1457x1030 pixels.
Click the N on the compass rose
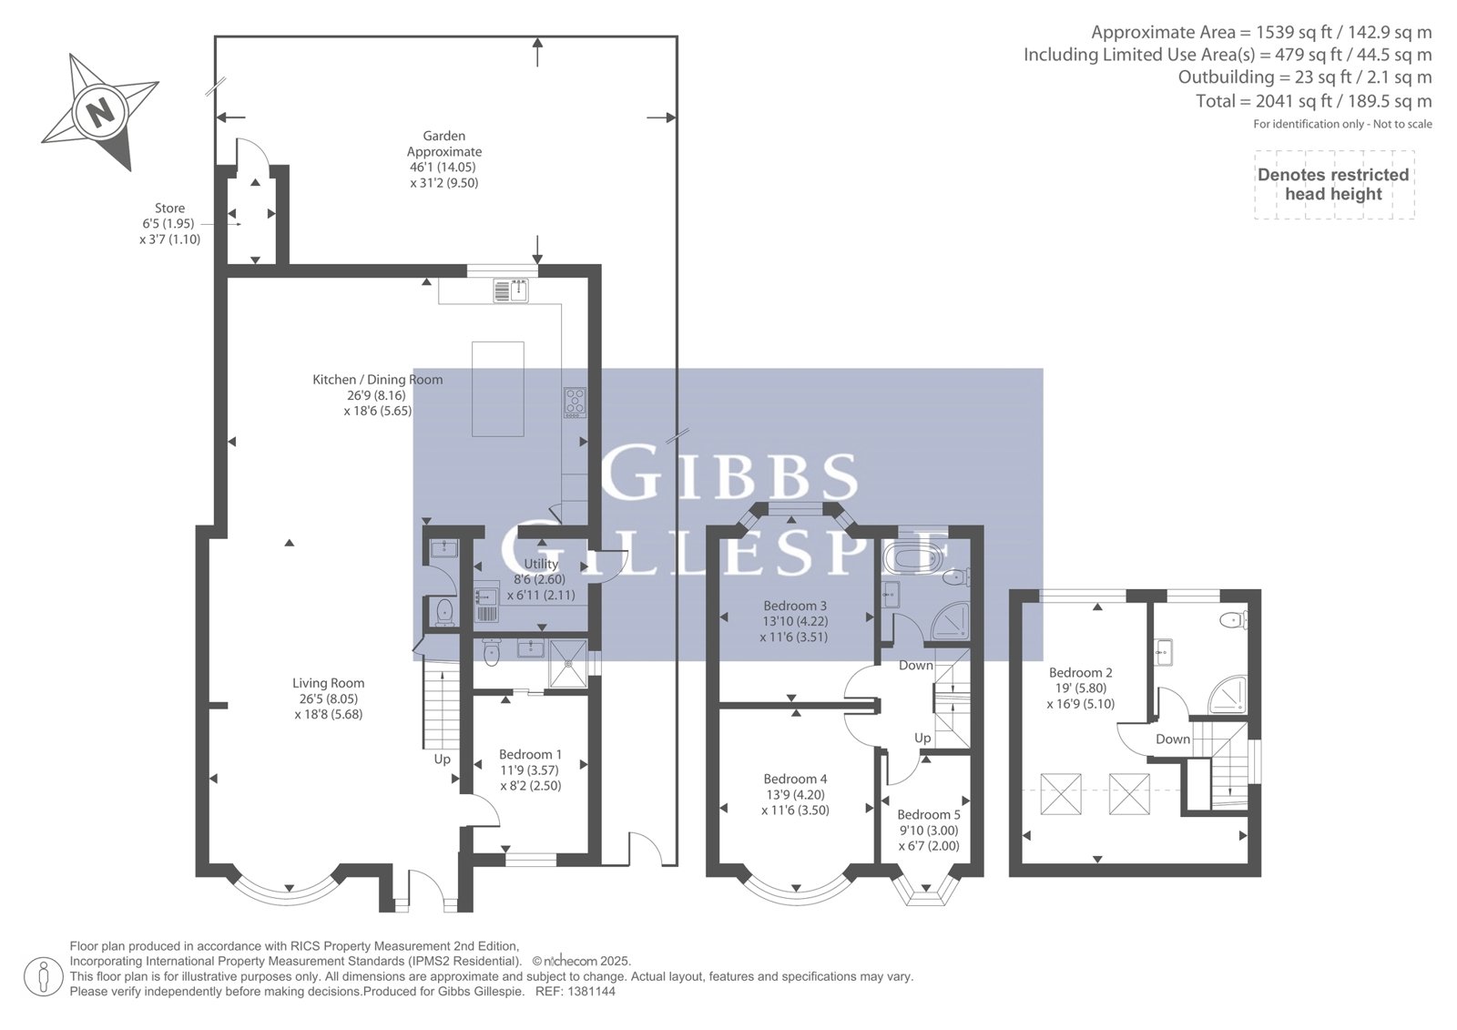(99, 112)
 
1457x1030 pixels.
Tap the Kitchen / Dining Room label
(377, 380)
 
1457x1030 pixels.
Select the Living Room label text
(328, 683)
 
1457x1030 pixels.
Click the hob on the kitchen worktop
(575, 403)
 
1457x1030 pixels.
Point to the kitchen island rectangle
(497, 389)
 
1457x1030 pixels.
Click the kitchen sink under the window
(511, 291)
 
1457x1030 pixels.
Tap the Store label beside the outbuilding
(169, 209)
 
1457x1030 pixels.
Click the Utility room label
(541, 564)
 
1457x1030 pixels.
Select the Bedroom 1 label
(530, 754)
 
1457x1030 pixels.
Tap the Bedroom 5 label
(928, 815)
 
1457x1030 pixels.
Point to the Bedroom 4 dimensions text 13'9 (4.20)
(795, 794)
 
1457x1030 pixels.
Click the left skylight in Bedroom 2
(1061, 794)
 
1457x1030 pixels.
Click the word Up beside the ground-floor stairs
(443, 760)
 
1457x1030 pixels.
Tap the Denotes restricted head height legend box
(1334, 185)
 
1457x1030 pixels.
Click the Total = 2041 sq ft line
(1313, 101)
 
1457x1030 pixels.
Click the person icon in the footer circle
(44, 976)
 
